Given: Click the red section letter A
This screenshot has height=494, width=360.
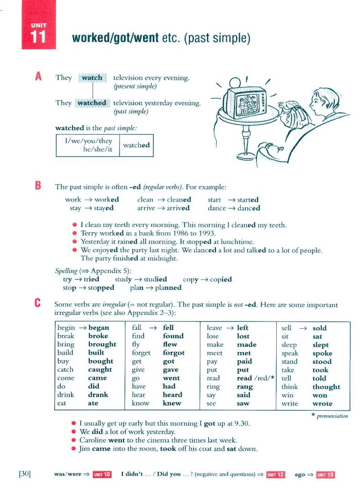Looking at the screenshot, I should click(38, 77).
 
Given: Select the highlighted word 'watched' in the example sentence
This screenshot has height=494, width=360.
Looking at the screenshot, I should click(92, 103).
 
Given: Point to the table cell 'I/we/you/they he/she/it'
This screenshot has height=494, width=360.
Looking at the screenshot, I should click(88, 146).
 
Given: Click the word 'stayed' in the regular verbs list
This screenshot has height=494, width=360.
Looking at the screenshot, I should click(103, 208).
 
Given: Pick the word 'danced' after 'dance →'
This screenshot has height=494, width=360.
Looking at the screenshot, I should click(249, 208).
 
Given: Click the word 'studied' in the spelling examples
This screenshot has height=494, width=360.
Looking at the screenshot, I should click(154, 279).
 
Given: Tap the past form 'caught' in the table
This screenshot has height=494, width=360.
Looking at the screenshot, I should click(100, 369).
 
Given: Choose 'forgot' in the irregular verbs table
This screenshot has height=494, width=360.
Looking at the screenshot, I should click(173, 352).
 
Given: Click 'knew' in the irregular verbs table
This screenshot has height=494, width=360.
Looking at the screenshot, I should click(171, 403).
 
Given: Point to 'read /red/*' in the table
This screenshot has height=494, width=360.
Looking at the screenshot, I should click(256, 378).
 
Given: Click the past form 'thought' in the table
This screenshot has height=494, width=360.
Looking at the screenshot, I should click(326, 386).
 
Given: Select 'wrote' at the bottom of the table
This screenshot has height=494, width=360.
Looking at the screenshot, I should click(322, 403).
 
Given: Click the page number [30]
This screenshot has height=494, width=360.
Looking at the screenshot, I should click(25, 474).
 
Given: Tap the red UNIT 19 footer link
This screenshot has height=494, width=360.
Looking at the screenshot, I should click(325, 474).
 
